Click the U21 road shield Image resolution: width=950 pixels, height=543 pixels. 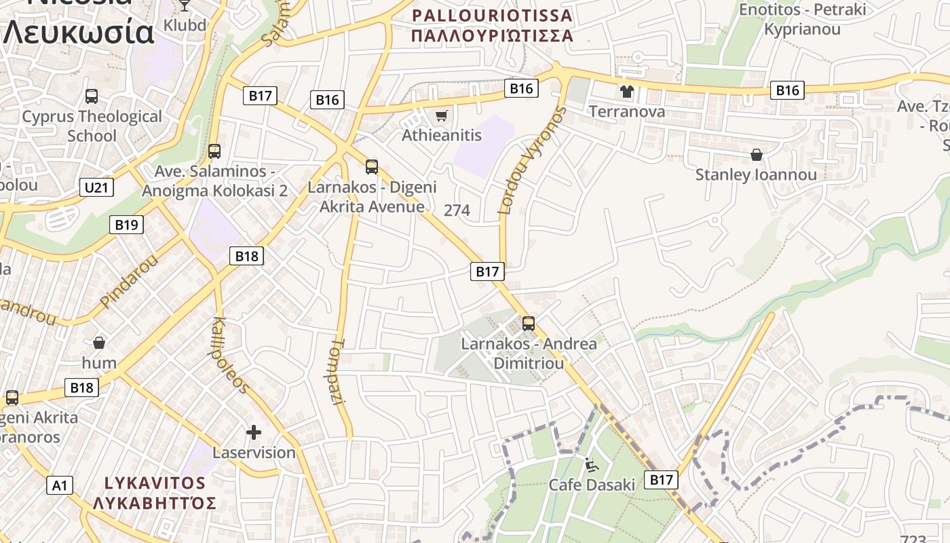(96, 188)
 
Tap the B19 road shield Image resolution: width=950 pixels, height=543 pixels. (126, 225)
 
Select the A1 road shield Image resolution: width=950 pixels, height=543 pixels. (60, 485)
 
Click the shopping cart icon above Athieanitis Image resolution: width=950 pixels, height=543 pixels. (441, 116)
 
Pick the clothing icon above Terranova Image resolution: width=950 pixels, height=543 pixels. (626, 92)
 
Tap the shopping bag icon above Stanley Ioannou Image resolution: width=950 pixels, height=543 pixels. (757, 155)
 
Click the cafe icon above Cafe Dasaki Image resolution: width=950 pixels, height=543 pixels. (592, 465)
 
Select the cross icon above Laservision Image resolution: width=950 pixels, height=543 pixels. (254, 432)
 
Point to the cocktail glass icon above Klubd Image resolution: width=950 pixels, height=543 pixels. (185, 5)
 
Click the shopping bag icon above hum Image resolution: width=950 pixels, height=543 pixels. (99, 343)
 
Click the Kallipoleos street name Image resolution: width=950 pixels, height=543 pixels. (231, 354)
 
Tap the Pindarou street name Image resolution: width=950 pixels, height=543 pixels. (128, 280)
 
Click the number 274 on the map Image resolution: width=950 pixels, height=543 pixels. (457, 210)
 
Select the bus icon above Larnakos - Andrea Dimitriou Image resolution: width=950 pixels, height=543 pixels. (529, 324)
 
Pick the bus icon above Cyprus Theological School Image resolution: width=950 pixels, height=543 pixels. (92, 96)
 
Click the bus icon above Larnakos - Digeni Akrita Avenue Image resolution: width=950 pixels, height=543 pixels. (372, 167)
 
